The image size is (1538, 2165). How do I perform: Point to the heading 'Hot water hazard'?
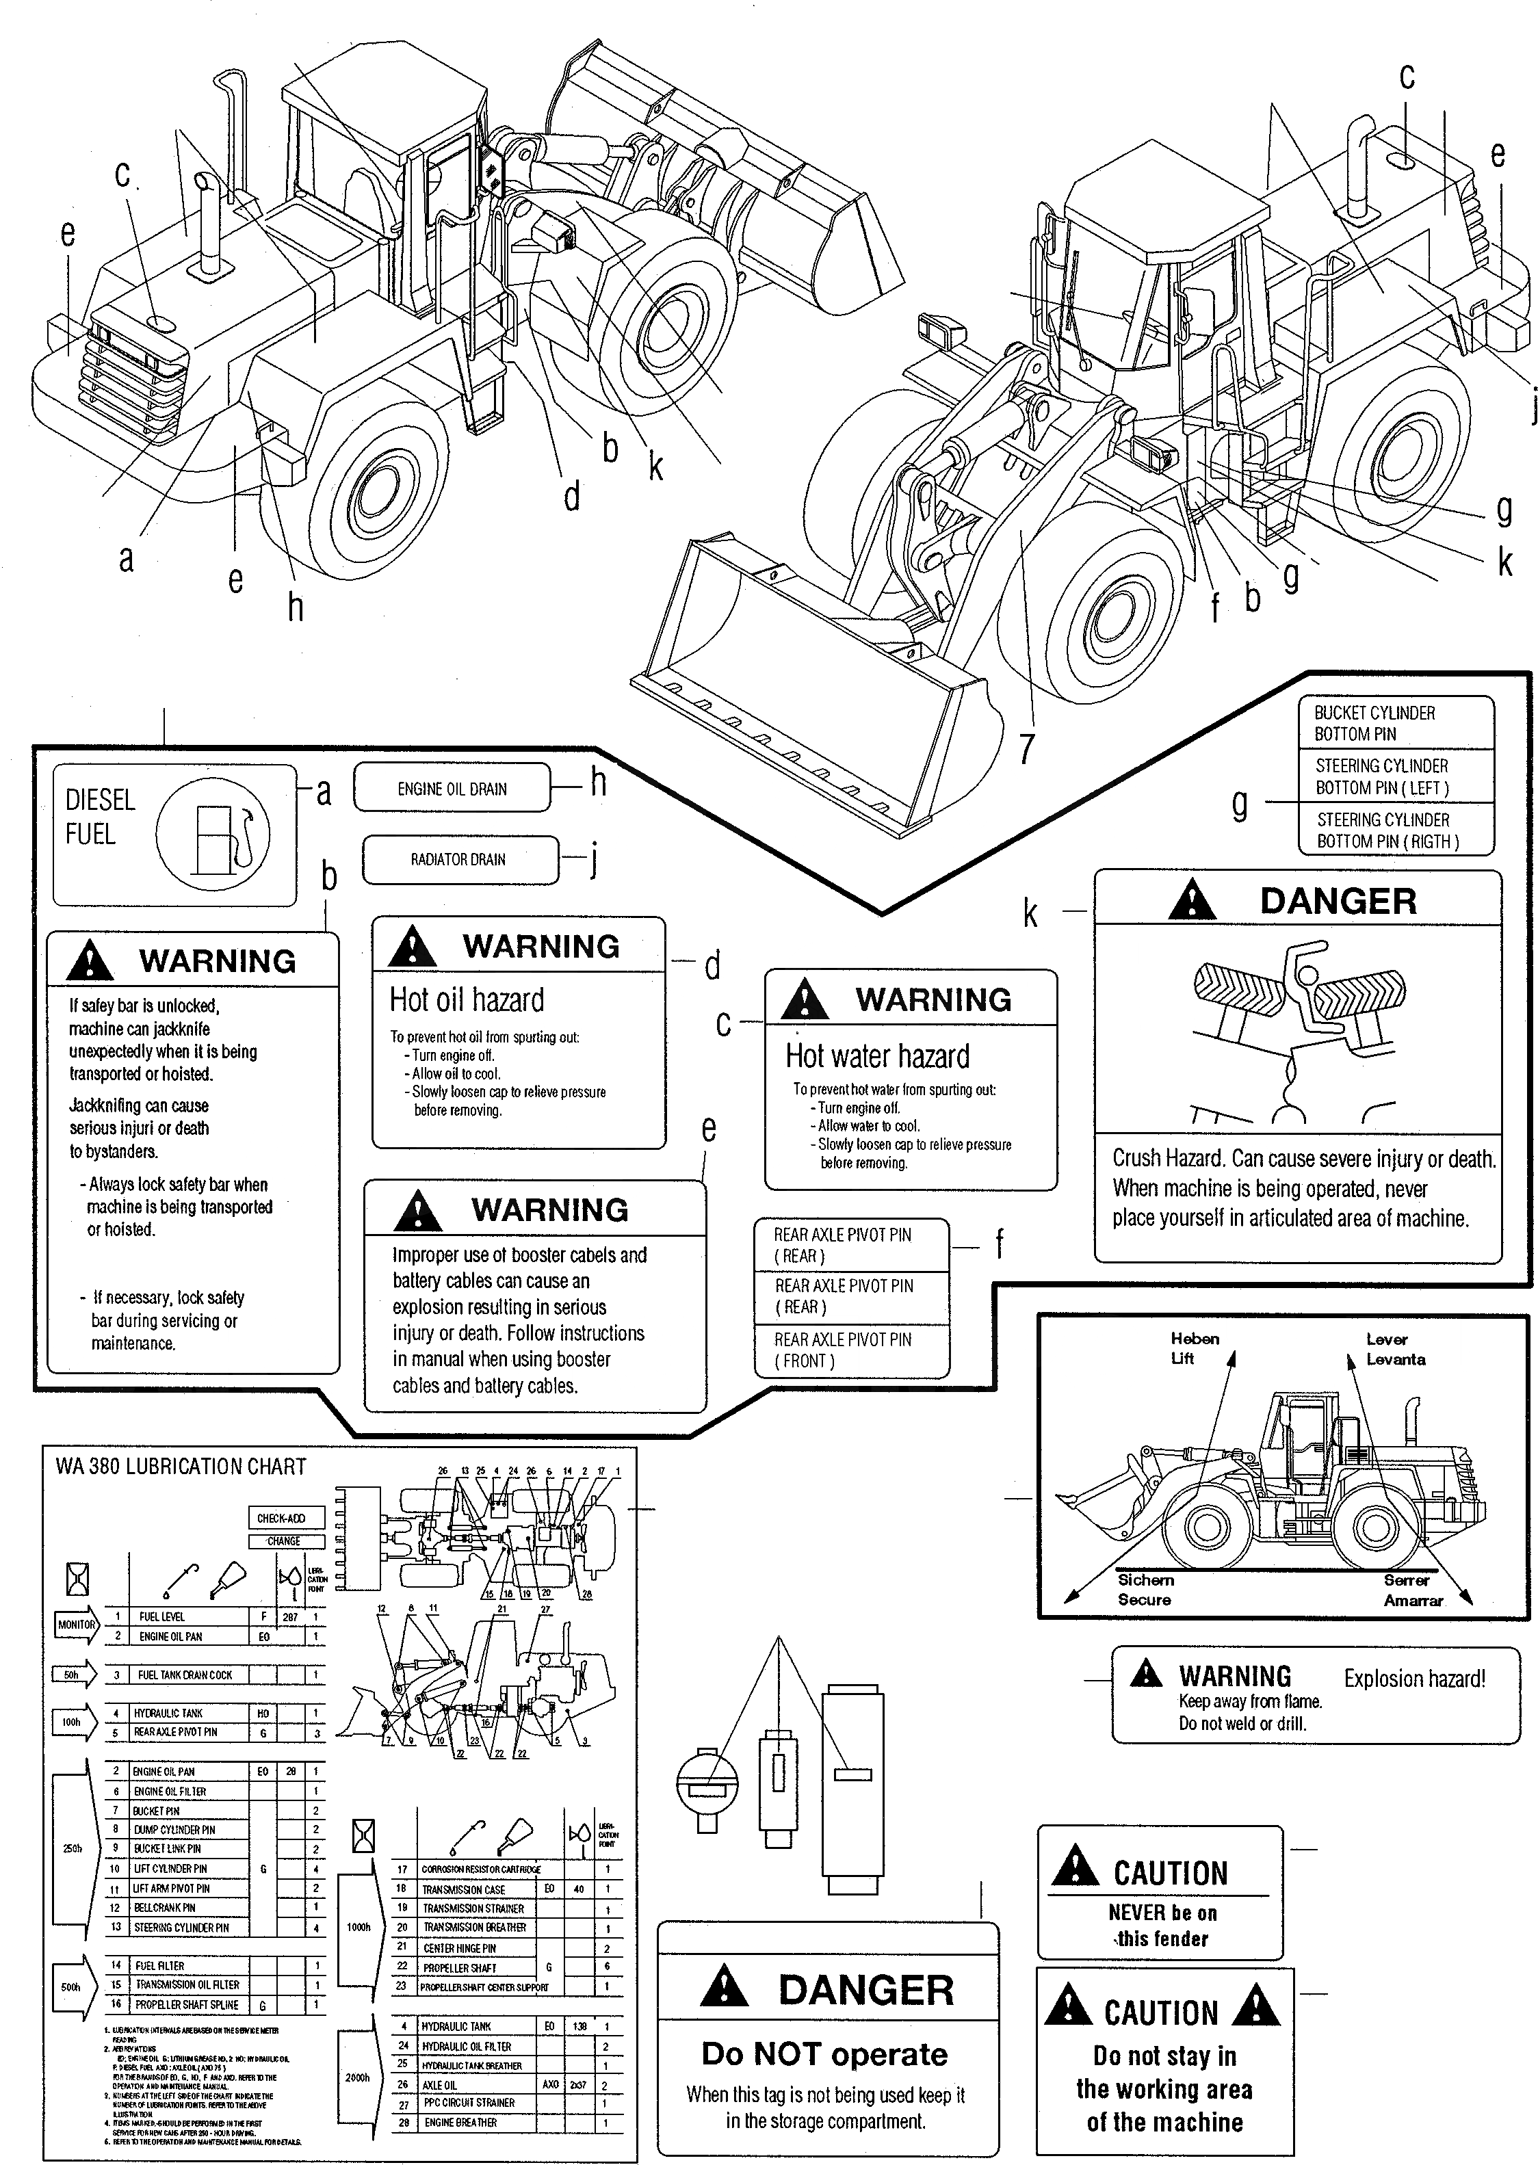tap(877, 1055)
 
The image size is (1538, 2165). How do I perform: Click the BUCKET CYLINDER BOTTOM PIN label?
tap(1374, 723)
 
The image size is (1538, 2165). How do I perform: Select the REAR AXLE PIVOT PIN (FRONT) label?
tap(842, 1350)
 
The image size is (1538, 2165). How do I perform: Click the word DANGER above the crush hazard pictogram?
tap(1338, 900)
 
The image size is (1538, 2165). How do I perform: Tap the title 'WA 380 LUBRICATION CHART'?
tap(181, 1467)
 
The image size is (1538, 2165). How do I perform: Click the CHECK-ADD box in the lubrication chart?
tap(281, 1517)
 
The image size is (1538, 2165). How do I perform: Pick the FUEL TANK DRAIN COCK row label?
tap(185, 1675)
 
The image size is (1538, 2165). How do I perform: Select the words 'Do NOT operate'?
tap(824, 2054)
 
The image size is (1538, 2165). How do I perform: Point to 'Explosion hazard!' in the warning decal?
tap(1414, 1679)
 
